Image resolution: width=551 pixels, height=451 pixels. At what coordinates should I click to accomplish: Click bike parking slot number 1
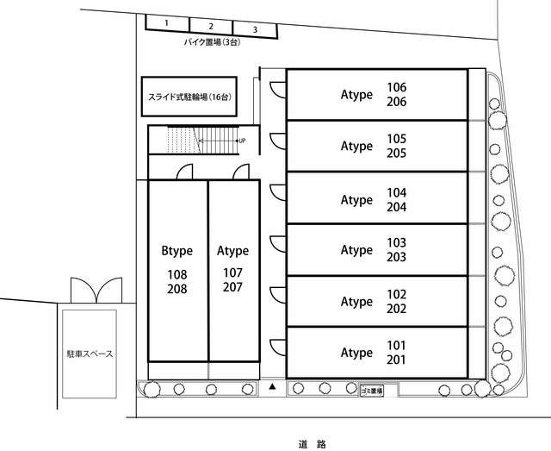coord(168,23)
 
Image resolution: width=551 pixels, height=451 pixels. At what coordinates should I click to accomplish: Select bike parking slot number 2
coord(211,27)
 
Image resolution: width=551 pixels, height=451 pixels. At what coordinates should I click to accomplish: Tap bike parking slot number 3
coord(256,29)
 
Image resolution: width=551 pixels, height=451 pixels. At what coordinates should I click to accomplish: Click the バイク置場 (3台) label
coord(213,42)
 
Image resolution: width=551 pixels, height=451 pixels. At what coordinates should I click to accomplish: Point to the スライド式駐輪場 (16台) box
coord(189,97)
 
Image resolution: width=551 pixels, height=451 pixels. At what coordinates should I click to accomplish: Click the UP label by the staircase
coord(242,141)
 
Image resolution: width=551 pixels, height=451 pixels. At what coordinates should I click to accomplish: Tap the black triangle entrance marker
coord(272,386)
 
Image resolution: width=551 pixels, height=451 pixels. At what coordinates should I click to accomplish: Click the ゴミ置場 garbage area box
coord(372,391)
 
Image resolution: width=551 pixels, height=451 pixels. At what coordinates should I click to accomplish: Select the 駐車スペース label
coord(90,354)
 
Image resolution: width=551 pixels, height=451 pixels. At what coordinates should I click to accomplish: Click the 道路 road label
coord(313,444)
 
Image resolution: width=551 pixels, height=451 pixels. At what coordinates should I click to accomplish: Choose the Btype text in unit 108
coord(176,250)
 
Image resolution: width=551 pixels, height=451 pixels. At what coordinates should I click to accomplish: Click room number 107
coord(232,272)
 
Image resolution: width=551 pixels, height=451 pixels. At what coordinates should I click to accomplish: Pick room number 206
coord(396,102)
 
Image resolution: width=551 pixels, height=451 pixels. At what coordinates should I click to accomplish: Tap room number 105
coord(396,139)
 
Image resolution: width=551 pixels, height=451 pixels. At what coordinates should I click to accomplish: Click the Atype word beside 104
coord(356,200)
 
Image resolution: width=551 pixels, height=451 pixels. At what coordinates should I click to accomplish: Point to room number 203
coord(396,257)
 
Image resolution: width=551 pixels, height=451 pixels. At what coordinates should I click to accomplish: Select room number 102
coord(396,294)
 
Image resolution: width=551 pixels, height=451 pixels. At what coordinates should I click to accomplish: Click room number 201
coord(396,360)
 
